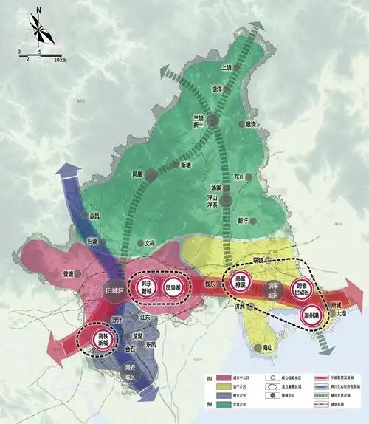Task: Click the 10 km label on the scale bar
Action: click(x=59, y=58)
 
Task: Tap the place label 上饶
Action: click(x=226, y=67)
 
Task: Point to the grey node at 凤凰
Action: click(x=151, y=175)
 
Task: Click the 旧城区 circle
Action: click(x=114, y=290)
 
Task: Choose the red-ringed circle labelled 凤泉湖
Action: click(x=173, y=287)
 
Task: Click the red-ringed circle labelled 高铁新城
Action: click(x=99, y=340)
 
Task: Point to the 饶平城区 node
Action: click(x=272, y=290)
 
